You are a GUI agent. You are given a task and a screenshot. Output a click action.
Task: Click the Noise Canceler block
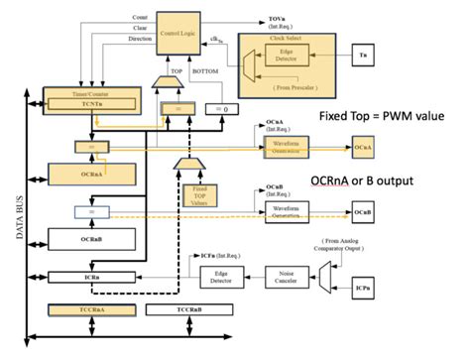point(290,277)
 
